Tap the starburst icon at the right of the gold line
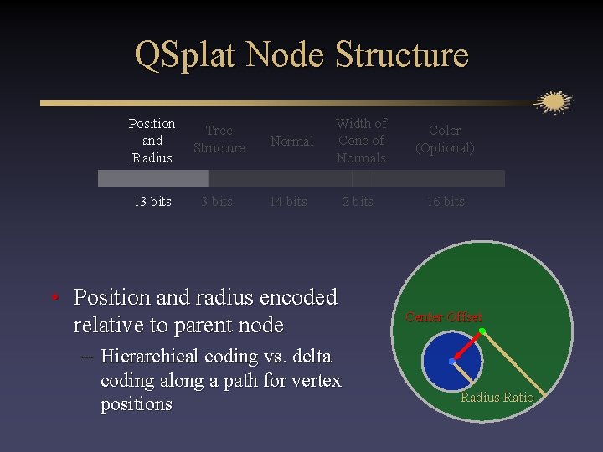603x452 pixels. point(553,102)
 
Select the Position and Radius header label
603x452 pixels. point(152,141)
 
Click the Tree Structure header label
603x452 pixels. point(219,139)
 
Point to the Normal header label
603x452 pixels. point(291,141)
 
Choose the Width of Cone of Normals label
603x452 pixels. point(361,141)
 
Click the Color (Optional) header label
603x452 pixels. point(445,139)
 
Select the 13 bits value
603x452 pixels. point(152,202)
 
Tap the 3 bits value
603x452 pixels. point(216,202)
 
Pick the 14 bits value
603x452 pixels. point(287,202)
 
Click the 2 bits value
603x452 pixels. point(358,202)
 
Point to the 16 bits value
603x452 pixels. point(445,202)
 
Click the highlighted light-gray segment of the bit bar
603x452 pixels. point(152,178)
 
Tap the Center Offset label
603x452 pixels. point(444,317)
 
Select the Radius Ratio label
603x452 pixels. point(497,397)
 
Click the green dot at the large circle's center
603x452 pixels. point(482,331)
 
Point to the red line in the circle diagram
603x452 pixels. point(468,346)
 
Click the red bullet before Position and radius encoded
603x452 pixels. point(53,298)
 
